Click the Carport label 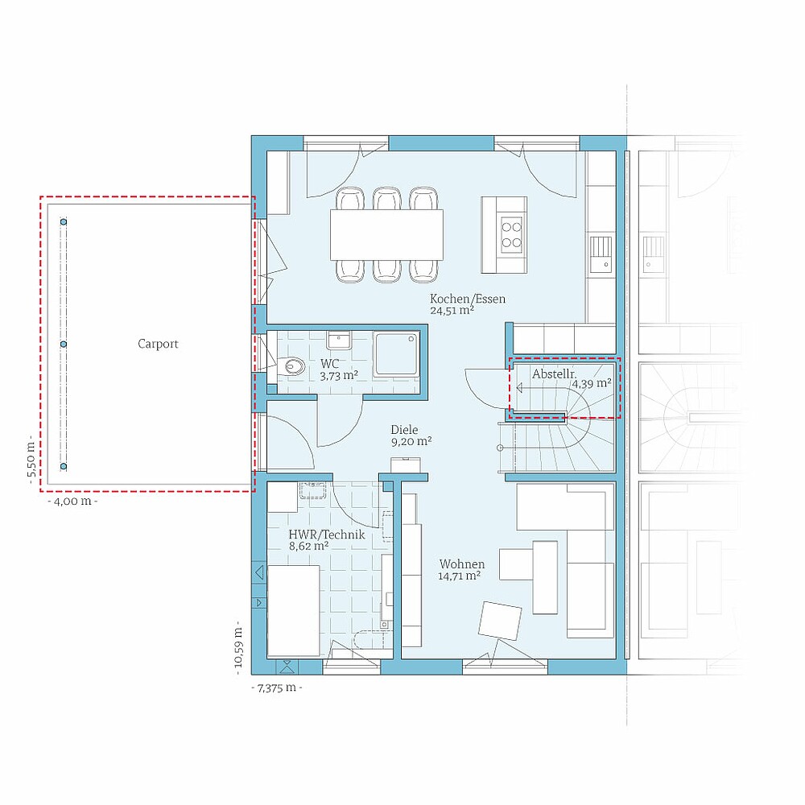[158, 344]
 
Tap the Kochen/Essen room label [467, 299]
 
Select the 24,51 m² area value [452, 310]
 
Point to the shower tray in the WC [396, 353]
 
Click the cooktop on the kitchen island [511, 234]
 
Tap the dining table [386, 234]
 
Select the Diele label [404, 430]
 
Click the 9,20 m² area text [411, 441]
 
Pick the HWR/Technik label [327, 535]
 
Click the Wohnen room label [461, 564]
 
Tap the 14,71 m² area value [459, 576]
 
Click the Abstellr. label [554, 374]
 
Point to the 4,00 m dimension [72, 501]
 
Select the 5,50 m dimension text [31, 459]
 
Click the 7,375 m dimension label [277, 688]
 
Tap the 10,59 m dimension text [239, 648]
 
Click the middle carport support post [64, 344]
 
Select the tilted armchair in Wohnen [500, 621]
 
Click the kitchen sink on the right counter [601, 254]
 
